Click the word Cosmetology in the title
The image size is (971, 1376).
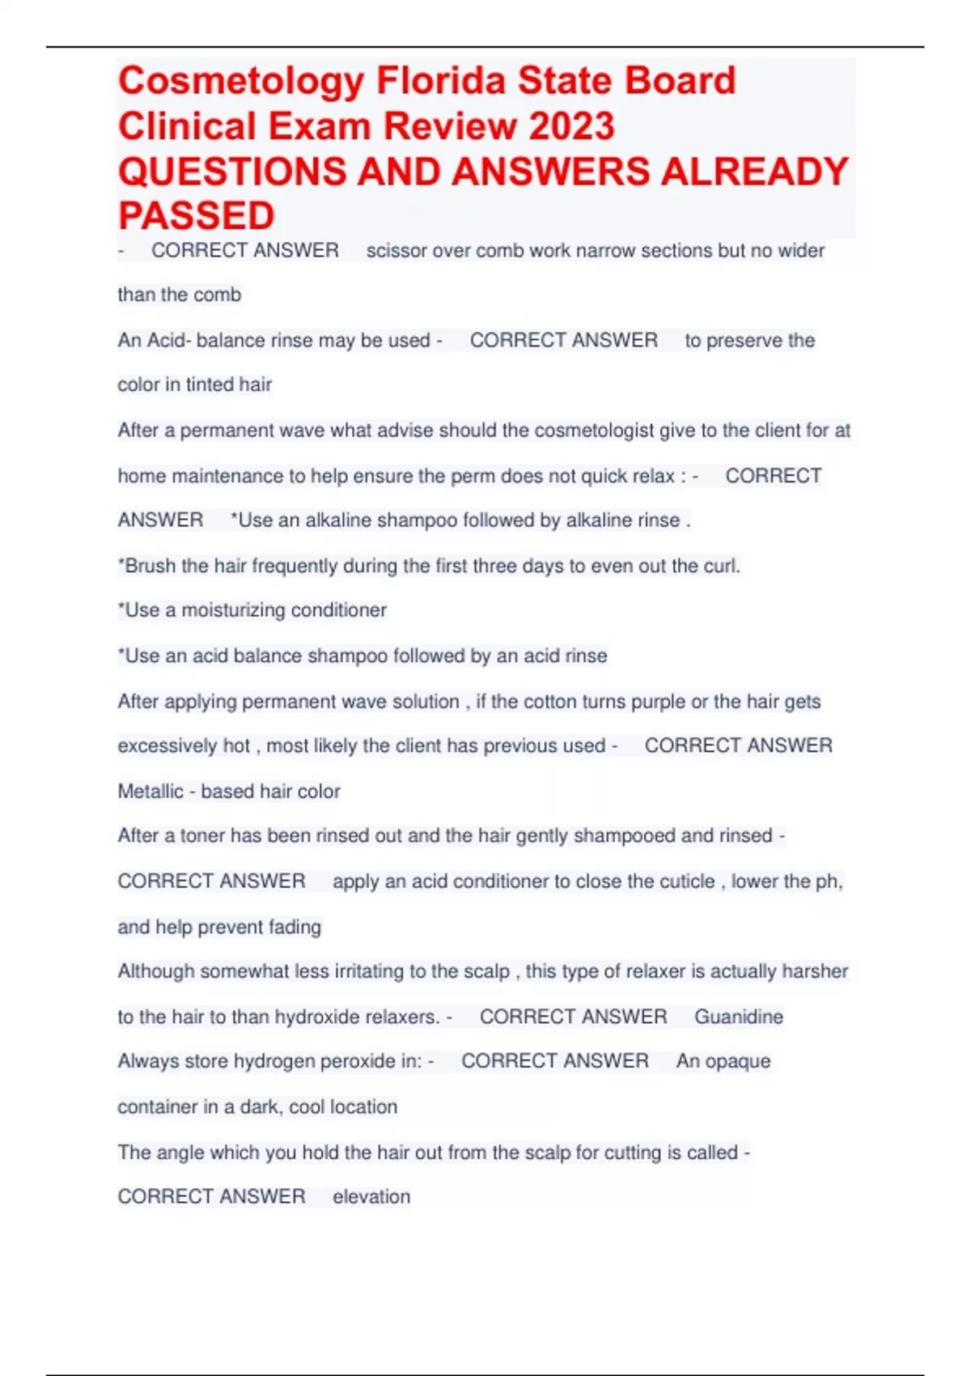pyautogui.click(x=241, y=82)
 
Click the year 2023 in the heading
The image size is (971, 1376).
pyautogui.click(x=571, y=126)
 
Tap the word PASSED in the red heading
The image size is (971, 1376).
pyautogui.click(x=197, y=216)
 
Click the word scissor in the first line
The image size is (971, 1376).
pyautogui.click(x=396, y=251)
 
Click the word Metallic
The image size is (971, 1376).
pyautogui.click(x=151, y=792)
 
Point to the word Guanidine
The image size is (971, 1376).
pyautogui.click(x=738, y=1017)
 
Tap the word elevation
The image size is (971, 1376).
pyautogui.click(x=371, y=1196)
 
